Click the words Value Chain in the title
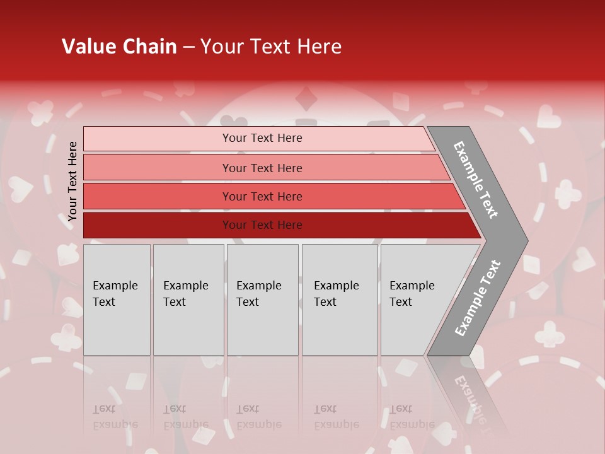119,47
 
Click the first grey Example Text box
117,328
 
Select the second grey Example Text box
188,328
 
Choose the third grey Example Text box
262,328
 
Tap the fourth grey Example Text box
340,328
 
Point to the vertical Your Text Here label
72,181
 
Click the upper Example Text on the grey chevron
476,180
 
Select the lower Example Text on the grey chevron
478,298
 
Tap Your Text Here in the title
271,47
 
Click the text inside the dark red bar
262,225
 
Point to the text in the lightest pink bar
262,138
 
